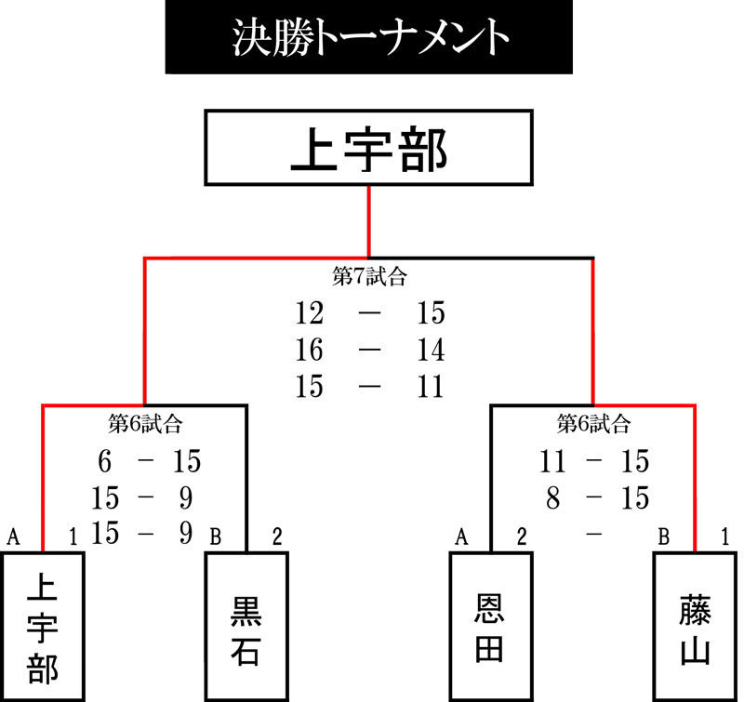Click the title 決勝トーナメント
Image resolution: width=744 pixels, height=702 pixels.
[370, 37]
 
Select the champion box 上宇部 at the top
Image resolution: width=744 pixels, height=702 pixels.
[368, 148]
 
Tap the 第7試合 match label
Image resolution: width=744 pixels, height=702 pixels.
[369, 276]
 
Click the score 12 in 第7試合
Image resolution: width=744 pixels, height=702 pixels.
[310, 313]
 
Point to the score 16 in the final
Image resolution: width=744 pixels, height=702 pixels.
[310, 350]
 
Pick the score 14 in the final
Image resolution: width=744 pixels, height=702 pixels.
[431, 350]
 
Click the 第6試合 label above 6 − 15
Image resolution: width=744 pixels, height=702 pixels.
[145, 424]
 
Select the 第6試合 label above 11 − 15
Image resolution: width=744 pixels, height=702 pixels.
[593, 424]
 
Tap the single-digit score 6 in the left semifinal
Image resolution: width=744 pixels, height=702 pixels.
[105, 461]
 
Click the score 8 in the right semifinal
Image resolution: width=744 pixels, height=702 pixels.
[553, 498]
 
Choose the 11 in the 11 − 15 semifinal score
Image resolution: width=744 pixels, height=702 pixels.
[553, 461]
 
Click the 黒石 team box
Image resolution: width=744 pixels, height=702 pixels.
[246, 627]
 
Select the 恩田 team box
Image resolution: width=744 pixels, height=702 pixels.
[491, 627]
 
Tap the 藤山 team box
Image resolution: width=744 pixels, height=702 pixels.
[695, 627]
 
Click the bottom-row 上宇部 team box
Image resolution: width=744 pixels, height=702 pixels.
[43, 627]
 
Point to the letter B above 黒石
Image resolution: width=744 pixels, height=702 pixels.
[216, 536]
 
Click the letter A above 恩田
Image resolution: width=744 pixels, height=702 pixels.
[461, 536]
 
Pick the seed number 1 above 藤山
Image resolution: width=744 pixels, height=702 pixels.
[724, 536]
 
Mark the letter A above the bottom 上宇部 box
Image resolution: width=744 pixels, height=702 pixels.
[14, 536]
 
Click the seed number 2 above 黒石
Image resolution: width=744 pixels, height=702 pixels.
[277, 536]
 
